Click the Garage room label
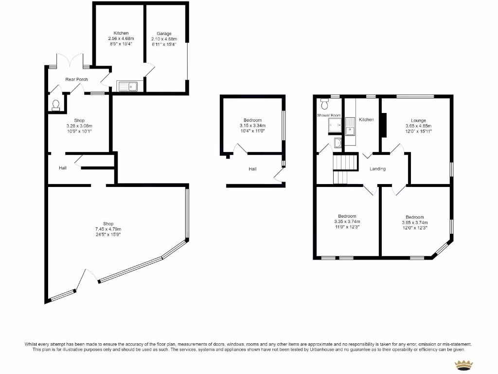pyautogui.click(x=163, y=34)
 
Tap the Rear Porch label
pyautogui.click(x=76, y=79)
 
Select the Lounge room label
pyautogui.click(x=418, y=121)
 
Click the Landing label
pyautogui.click(x=378, y=169)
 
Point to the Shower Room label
pyautogui.click(x=329, y=115)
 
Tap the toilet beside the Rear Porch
pyautogui.click(x=56, y=105)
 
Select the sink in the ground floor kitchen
pyautogui.click(x=128, y=87)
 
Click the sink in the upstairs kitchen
pyautogui.click(x=350, y=126)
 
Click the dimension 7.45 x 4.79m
pyautogui.click(x=108, y=229)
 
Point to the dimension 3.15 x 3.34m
pyautogui.click(x=252, y=126)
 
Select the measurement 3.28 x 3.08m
pyautogui.click(x=79, y=126)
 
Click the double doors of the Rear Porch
pyautogui.click(x=71, y=61)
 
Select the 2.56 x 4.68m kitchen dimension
pyautogui.click(x=121, y=38)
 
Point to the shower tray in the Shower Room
pyautogui.click(x=335, y=125)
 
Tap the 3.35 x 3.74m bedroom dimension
pyautogui.click(x=347, y=222)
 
